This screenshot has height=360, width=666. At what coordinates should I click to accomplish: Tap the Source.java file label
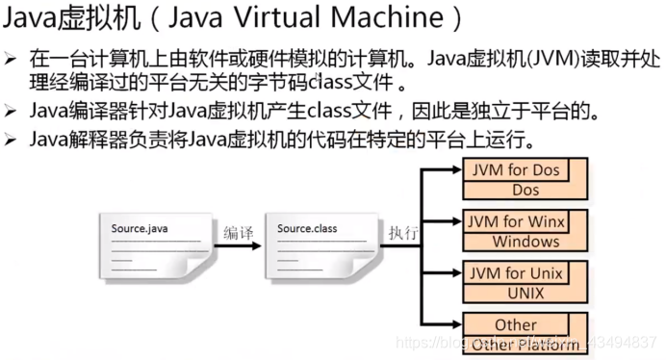click(141, 228)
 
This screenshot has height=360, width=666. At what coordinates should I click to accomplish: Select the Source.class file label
click(307, 228)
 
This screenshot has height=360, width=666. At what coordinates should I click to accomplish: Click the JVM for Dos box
click(515, 170)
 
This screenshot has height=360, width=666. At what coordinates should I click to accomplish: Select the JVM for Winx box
click(516, 221)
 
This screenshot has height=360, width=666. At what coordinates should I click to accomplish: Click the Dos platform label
click(525, 190)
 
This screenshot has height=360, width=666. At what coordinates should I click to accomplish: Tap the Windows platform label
click(525, 241)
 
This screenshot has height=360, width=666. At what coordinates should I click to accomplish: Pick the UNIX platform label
click(525, 292)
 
